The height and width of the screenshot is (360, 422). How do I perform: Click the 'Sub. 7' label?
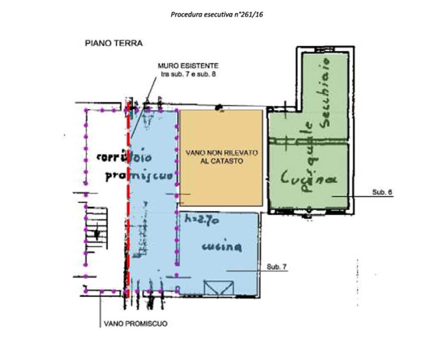(277, 267)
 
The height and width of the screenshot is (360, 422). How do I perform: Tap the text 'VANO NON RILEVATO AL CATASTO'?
(221, 157)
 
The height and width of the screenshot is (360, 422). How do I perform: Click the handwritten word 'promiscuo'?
(139, 176)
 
